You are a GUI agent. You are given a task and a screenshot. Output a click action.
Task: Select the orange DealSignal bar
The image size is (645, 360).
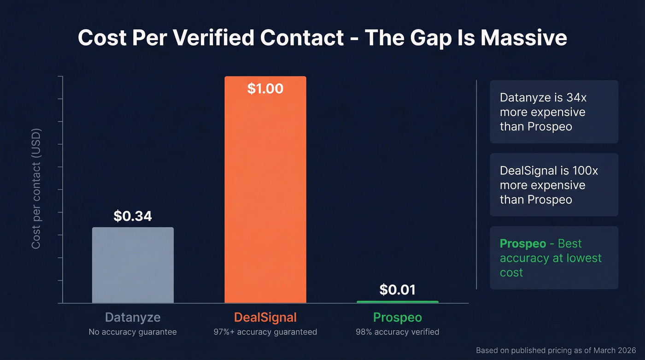point(265,194)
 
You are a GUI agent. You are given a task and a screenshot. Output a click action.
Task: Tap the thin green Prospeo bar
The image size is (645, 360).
point(398,302)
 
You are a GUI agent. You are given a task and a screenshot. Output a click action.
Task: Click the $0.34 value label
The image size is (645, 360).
point(133,216)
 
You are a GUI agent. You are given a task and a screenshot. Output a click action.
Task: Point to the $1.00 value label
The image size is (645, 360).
point(265,89)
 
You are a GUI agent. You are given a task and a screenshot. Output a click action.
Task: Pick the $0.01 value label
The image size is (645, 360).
point(397,290)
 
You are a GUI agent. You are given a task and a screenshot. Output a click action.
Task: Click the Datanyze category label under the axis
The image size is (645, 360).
point(133,318)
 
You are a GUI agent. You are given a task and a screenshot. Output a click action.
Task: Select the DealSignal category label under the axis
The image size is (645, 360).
point(265,318)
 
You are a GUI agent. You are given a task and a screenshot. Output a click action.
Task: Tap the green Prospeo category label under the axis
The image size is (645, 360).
point(397,318)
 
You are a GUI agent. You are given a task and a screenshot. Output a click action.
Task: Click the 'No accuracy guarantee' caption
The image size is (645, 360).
point(133,332)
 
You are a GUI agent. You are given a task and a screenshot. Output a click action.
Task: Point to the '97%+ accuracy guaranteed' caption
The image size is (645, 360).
point(265,332)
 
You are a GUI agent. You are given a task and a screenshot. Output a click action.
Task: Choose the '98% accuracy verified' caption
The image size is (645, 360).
point(397,332)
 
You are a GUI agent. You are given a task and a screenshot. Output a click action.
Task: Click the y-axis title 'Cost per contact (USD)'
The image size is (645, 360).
point(36,189)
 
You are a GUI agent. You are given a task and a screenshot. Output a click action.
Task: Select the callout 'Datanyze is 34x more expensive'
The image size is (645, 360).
point(554,112)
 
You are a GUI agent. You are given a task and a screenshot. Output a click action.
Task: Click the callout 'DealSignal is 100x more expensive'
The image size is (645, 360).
point(554,185)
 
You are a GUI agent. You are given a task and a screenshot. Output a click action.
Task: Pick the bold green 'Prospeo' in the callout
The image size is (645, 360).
point(522,244)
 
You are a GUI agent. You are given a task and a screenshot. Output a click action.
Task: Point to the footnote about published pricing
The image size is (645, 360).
point(556,350)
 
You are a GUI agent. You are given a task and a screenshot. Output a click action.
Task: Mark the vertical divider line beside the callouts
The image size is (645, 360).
point(476,184)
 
